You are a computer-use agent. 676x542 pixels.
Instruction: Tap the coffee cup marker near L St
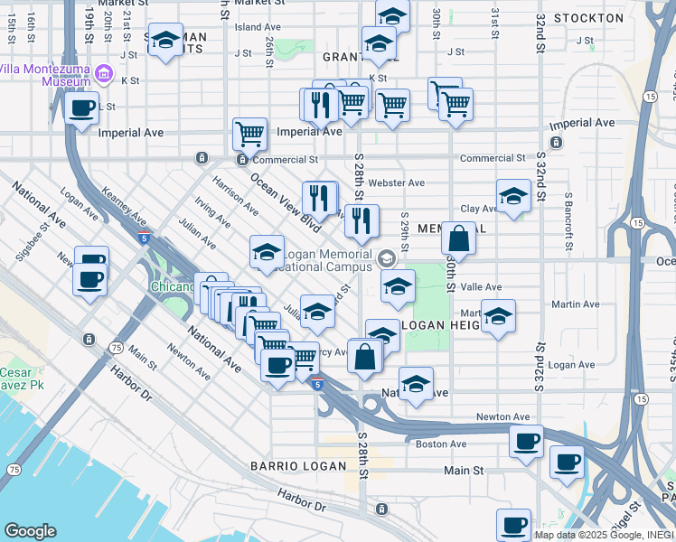(82, 109)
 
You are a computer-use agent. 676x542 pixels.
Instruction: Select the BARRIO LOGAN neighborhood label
(298, 466)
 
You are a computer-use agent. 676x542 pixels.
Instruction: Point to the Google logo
(30, 531)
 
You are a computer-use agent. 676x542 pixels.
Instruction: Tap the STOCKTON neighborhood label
(588, 18)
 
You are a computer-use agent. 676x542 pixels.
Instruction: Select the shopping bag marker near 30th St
(459, 239)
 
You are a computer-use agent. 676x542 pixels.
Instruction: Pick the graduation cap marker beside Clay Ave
(513, 196)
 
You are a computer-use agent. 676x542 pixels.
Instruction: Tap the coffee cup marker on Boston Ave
(526, 442)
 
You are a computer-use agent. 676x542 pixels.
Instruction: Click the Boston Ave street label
(440, 444)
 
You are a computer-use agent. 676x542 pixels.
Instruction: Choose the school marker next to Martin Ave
(497, 317)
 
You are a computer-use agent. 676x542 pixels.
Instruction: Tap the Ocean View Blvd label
(285, 198)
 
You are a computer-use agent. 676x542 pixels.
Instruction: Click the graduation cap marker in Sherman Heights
(165, 41)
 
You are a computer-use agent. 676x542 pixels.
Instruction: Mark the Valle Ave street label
(481, 287)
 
